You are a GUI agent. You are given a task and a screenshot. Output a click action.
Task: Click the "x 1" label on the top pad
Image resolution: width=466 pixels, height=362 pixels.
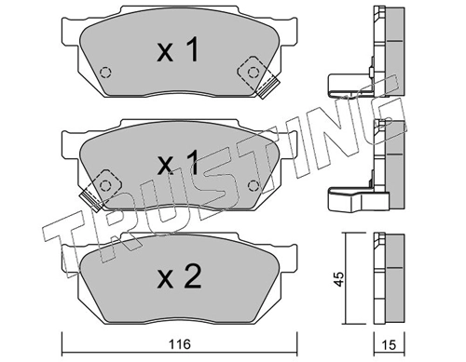pyautogui.click(x=177, y=53)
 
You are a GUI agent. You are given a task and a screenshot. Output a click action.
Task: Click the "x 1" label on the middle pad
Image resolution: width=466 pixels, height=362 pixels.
pyautogui.click(x=177, y=166)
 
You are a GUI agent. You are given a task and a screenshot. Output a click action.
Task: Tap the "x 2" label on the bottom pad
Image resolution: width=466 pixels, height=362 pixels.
pyautogui.click(x=177, y=275)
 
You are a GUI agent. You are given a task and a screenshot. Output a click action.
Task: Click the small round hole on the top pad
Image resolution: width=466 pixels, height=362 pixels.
pyautogui.click(x=105, y=74)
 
